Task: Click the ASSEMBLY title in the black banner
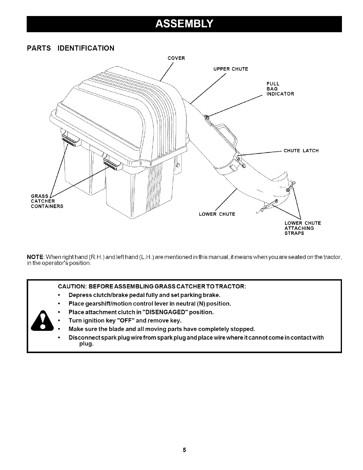(184, 23)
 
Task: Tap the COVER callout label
(176, 58)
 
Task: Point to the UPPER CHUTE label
(230, 69)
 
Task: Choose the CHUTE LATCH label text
(301, 151)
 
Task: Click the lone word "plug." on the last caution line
(86, 344)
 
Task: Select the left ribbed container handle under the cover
(70, 139)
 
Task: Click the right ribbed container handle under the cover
(112, 163)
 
